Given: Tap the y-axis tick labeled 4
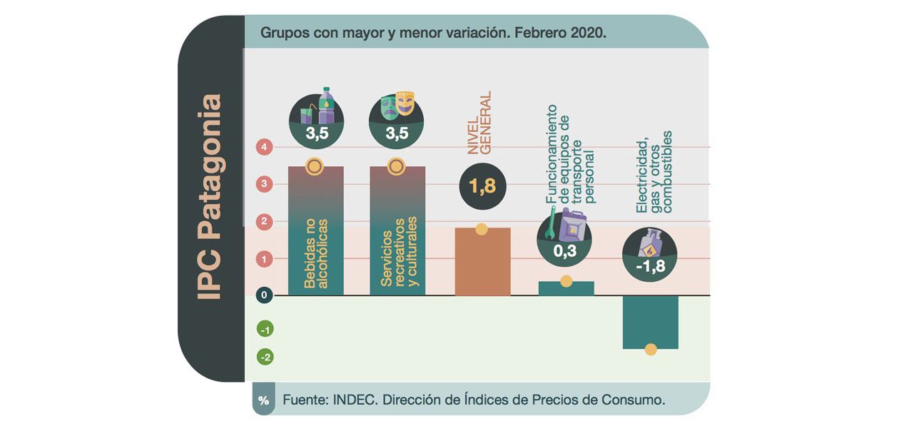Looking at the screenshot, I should point(265,148).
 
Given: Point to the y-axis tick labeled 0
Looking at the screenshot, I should point(265,295).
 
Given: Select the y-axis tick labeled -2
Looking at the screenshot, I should point(265,357).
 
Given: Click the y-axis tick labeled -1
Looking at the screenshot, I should point(265,330).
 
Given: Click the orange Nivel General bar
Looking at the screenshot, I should point(482,262).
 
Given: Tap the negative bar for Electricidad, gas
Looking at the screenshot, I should point(650,322).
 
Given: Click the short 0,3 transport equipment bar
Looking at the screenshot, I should point(566,288).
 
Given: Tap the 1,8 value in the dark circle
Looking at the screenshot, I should point(482,186).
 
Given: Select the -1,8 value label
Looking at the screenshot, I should point(650,267).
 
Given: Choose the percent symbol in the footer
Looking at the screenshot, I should point(263,401).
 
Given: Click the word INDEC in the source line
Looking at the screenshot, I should point(354,400).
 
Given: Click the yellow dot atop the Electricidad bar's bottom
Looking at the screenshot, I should point(651,349).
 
